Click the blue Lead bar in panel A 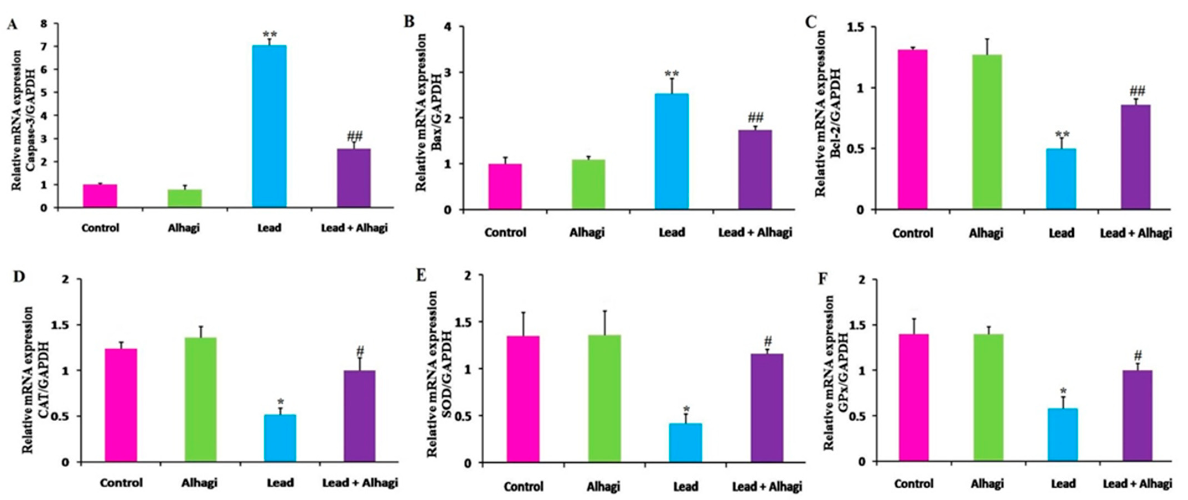click(x=269, y=127)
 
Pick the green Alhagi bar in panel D click(x=201, y=399)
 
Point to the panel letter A click(x=12, y=24)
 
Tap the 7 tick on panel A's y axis click(x=43, y=47)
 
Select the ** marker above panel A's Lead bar click(x=270, y=34)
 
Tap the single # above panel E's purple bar click(x=767, y=342)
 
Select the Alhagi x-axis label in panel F click(x=987, y=483)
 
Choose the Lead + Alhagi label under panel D click(x=360, y=483)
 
